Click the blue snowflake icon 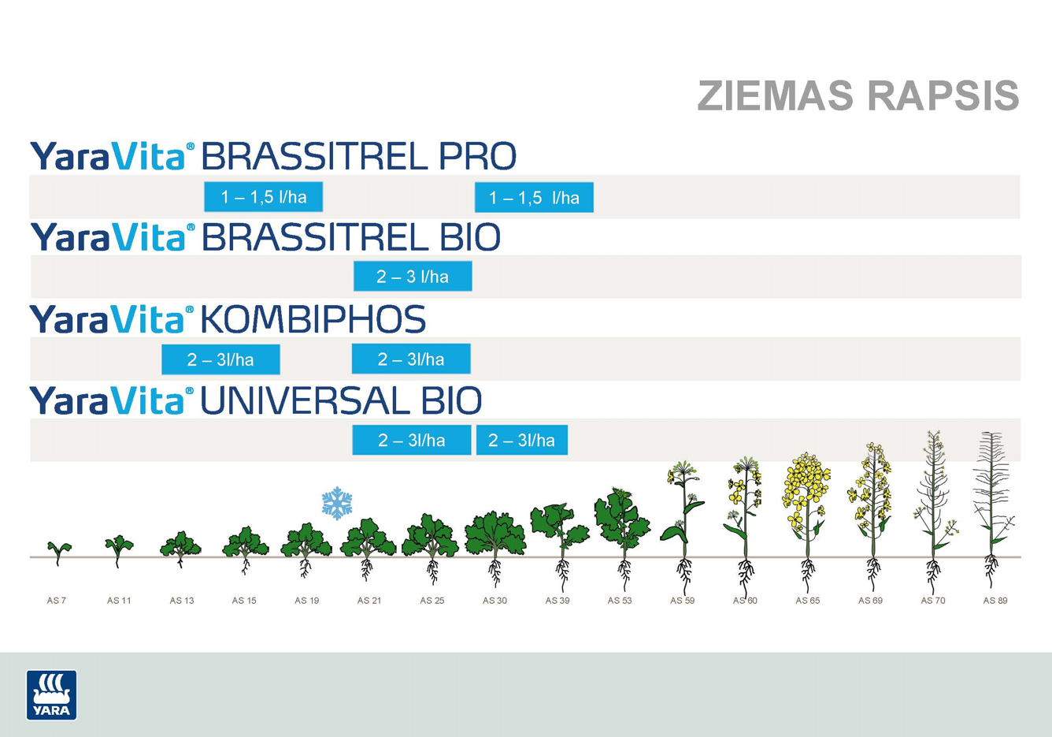tap(337, 503)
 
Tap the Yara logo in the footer tap(51, 694)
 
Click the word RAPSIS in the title tap(943, 95)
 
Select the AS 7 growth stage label tap(57, 600)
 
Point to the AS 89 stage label tap(995, 600)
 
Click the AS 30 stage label tap(495, 600)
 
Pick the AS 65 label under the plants tap(807, 600)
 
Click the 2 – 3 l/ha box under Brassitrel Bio tap(413, 276)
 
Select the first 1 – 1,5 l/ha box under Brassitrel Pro tap(264, 196)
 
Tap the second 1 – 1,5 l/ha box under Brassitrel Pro tap(534, 197)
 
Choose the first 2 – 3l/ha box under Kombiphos tap(220, 359)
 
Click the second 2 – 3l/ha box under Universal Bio tap(522, 440)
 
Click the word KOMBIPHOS tap(313, 319)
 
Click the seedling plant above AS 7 tap(58, 552)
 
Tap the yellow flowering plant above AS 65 tap(806, 522)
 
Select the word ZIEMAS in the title tap(776, 95)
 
